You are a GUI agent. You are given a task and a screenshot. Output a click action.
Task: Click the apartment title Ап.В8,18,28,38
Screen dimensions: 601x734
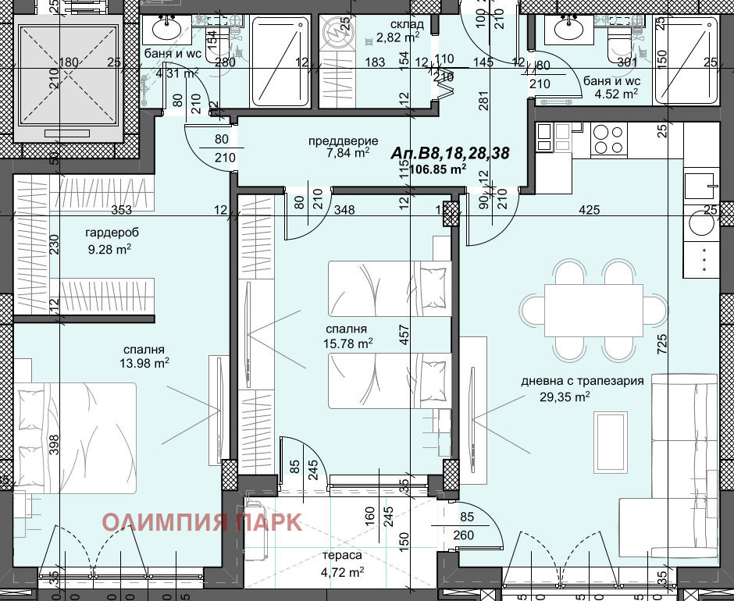[x=451, y=154]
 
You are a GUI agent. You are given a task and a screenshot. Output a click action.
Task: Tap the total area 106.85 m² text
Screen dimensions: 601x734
[x=432, y=168]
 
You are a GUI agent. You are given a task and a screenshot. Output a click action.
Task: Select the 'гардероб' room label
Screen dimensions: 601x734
[x=108, y=233]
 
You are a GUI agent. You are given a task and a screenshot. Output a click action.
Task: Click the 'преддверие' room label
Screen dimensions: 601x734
[x=338, y=140]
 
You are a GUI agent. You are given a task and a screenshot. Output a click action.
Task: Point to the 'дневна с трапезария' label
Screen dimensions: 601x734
[x=583, y=381]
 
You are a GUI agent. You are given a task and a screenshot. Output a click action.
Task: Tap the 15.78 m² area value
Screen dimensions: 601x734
[x=347, y=343]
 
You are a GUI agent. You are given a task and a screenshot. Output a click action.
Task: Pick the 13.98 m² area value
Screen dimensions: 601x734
[x=144, y=363]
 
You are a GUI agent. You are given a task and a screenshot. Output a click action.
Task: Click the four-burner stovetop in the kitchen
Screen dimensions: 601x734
[x=608, y=139]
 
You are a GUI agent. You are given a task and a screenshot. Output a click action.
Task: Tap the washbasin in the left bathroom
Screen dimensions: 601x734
[x=168, y=29]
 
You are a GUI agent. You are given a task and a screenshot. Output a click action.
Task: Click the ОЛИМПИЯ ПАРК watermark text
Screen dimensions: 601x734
[x=202, y=521]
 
